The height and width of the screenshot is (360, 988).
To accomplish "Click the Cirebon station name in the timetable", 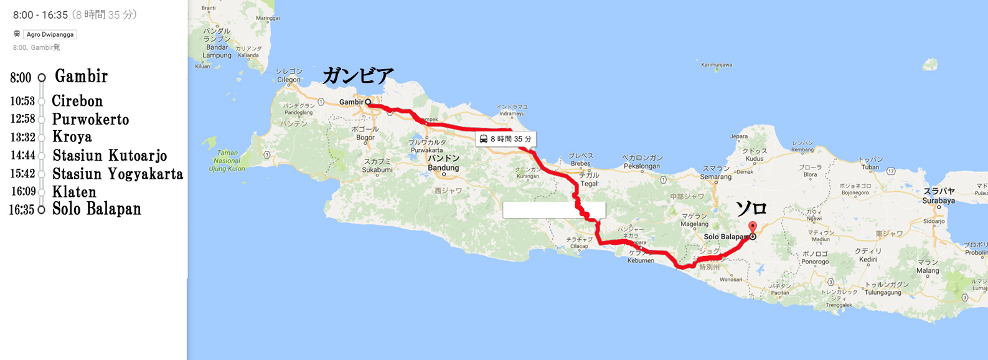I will [x=77, y=101].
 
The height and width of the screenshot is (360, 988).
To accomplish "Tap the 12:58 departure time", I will [x=22, y=119].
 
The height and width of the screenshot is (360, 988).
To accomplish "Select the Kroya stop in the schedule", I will [x=72, y=137].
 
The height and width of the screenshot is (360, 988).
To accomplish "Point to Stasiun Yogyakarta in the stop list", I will [x=118, y=174].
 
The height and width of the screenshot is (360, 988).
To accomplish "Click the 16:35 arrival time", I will [x=22, y=210].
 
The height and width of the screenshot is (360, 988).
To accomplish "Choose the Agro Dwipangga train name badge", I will [x=50, y=34].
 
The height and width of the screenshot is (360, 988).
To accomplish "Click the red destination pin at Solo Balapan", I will [x=752, y=228].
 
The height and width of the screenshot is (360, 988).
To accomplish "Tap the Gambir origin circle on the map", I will [x=368, y=102].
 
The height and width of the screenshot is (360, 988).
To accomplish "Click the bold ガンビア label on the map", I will [x=358, y=76].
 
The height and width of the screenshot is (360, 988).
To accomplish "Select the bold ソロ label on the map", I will [x=751, y=208].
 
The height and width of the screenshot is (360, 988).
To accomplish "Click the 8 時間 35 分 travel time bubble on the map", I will [x=506, y=139].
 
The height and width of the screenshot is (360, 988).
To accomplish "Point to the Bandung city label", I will [x=443, y=168].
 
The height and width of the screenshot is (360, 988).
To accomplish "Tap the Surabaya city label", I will [x=938, y=201].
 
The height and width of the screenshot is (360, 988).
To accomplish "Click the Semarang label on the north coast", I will [x=716, y=177].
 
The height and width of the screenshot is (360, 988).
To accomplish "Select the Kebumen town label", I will [x=641, y=260].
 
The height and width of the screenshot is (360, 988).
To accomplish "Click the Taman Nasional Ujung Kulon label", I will [x=227, y=161].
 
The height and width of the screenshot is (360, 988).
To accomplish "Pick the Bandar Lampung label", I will [x=217, y=51].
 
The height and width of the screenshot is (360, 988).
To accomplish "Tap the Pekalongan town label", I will [x=641, y=166].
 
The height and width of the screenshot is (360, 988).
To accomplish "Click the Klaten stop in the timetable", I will [x=74, y=192].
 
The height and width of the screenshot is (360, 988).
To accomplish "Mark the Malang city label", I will [x=928, y=270].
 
